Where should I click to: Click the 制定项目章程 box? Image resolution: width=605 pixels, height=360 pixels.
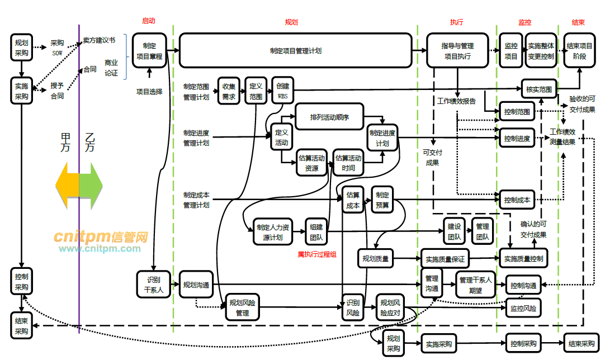click(x=149, y=51)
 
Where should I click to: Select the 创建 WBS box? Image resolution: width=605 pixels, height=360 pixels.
click(x=282, y=91)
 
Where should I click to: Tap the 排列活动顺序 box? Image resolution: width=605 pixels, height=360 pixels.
click(x=329, y=117)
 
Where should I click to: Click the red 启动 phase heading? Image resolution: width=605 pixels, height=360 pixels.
click(x=148, y=21)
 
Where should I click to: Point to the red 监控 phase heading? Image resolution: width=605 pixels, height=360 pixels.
click(x=524, y=23)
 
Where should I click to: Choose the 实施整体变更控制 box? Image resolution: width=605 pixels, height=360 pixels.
click(x=541, y=51)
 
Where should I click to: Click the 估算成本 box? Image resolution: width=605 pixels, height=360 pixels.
click(x=353, y=200)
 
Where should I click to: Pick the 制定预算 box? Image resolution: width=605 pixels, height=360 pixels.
click(x=382, y=200)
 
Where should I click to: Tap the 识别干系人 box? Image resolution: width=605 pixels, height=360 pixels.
click(x=154, y=285)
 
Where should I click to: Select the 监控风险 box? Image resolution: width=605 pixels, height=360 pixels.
click(x=524, y=308)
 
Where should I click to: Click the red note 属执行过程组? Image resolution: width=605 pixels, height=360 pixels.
click(x=317, y=254)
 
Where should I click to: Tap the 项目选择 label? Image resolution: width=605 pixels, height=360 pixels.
click(x=149, y=91)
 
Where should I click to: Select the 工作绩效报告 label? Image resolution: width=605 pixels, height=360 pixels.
click(x=456, y=101)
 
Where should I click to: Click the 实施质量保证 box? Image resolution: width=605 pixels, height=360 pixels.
click(x=445, y=259)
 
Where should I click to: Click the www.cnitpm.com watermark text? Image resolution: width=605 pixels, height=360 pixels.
click(x=100, y=249)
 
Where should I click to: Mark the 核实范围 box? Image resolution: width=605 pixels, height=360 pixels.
click(x=538, y=89)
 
